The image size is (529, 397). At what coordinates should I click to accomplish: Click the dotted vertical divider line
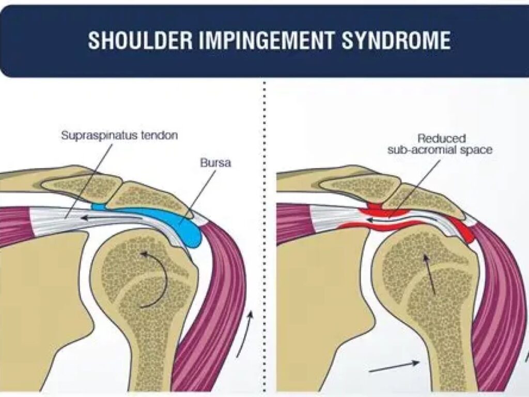coord(264,233)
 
